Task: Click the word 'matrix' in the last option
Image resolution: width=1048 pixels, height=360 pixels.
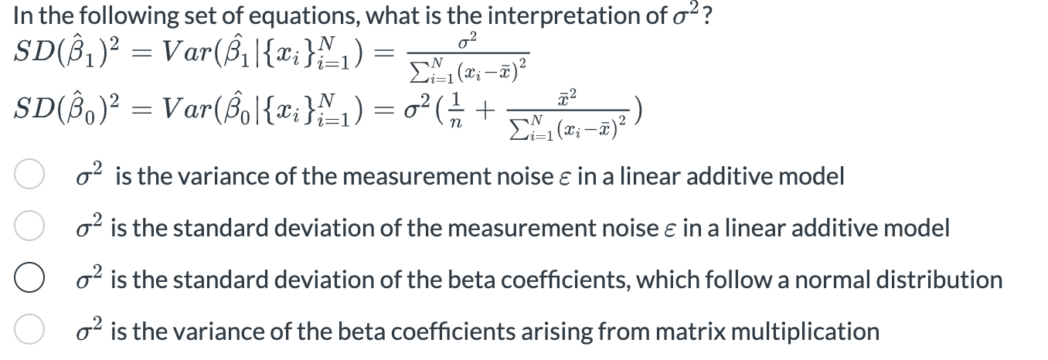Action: [675, 331]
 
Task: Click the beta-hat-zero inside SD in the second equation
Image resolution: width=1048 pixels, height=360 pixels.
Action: [71, 114]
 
